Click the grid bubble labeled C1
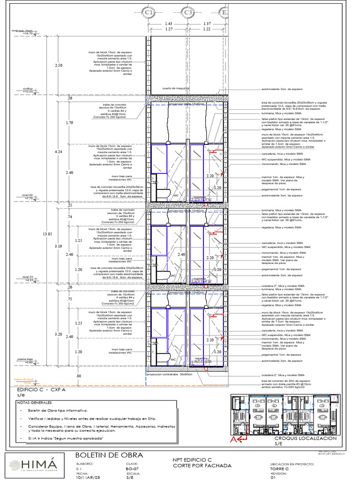(149, 11)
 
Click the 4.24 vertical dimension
(58, 152)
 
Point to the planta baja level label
(26, 359)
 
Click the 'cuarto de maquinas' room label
(176, 88)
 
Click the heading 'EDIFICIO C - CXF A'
(41, 390)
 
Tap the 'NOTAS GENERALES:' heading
(35, 402)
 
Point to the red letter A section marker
(232, 439)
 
